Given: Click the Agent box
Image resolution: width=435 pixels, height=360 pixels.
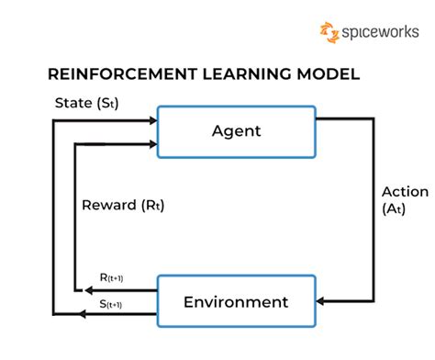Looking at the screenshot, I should pos(237,130).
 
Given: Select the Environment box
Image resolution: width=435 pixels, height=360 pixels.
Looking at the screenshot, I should pos(237,301).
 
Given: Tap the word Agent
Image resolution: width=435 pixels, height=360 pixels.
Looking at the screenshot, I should pos(237,130).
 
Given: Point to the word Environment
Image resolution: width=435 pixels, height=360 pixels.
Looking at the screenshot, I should pos(237,301).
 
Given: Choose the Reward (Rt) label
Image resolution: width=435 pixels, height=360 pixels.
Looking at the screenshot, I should pos(122,204).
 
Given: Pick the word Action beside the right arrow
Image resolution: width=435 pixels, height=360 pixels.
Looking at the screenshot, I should pos(405,192).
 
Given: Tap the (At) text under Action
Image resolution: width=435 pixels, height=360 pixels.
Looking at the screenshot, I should pos(395,208).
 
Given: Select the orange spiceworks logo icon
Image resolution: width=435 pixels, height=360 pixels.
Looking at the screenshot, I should pos(329,33).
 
